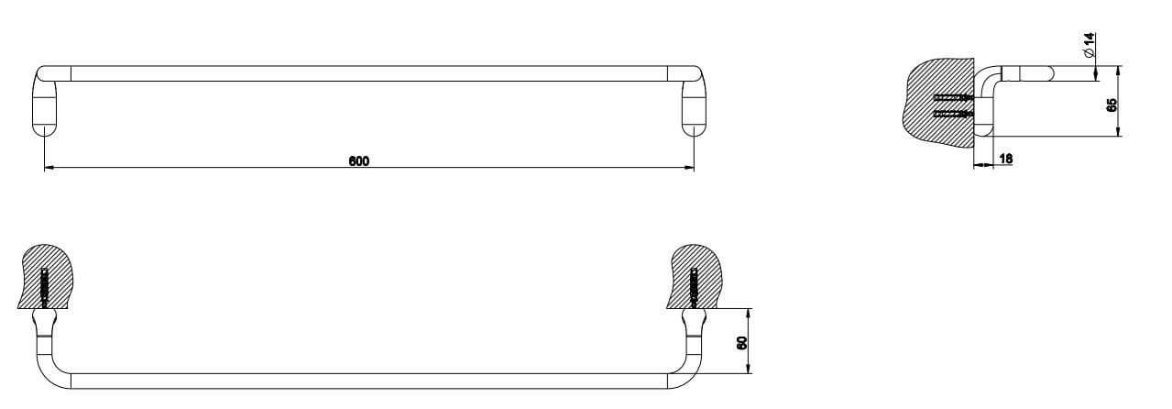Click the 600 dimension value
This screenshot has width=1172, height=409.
pyautogui.click(x=358, y=161)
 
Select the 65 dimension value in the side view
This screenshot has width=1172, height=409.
pyautogui.click(x=1112, y=105)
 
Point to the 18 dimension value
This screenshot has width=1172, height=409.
pyautogui.click(x=1005, y=159)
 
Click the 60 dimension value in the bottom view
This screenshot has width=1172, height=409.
pyautogui.click(x=742, y=342)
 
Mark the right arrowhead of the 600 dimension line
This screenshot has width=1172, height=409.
pyautogui.click(x=688, y=168)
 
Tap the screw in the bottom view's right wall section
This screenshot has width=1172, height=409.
pyautogui.click(x=693, y=287)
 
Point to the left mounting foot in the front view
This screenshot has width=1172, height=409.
pyautogui.click(x=44, y=110)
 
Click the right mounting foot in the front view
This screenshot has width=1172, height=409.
pyautogui.click(x=694, y=110)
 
